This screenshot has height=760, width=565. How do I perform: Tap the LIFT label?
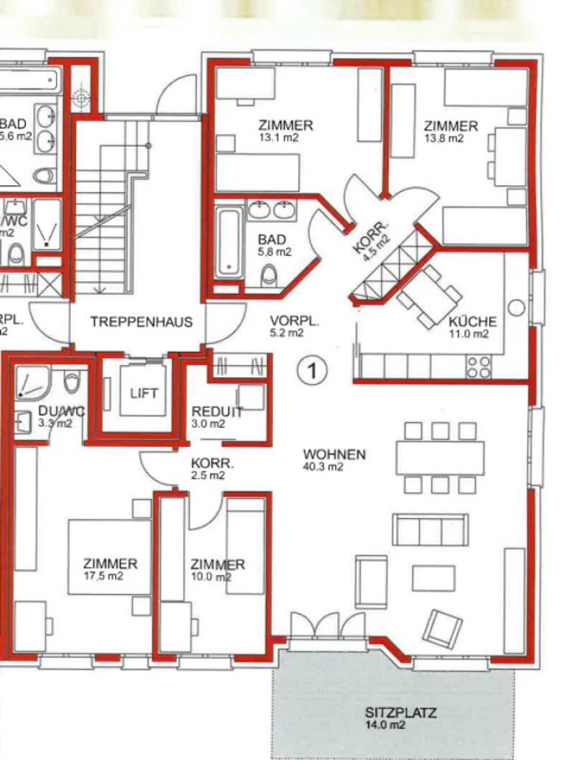pyautogui.click(x=144, y=393)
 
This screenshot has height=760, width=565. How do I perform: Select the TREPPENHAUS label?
pyautogui.click(x=142, y=322)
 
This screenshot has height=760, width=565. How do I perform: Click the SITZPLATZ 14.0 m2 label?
pyautogui.click(x=400, y=718)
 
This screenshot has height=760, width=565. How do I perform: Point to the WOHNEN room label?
pyautogui.click(x=334, y=455)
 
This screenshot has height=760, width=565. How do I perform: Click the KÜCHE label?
pyautogui.click(x=472, y=322)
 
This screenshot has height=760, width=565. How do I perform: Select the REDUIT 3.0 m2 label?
pyautogui.click(x=216, y=417)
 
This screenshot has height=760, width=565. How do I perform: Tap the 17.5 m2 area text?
pyautogui.click(x=103, y=576)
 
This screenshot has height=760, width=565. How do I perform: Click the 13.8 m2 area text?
pyautogui.click(x=444, y=138)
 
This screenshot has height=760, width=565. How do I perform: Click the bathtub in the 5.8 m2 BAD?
pyautogui.click(x=228, y=243)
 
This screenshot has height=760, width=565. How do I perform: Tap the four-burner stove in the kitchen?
pyautogui.click(x=479, y=367)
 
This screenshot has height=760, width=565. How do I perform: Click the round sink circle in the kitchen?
pyautogui.click(x=516, y=307)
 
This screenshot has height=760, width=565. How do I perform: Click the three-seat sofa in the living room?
pyautogui.click(x=430, y=530)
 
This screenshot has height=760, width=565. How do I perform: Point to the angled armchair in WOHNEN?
pyautogui.click(x=444, y=628)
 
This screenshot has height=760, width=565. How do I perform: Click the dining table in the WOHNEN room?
pyautogui.click(x=440, y=458)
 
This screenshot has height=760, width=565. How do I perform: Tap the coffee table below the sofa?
pyautogui.click(x=434, y=578)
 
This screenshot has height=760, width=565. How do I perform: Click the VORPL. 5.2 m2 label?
pyautogui.click(x=294, y=326)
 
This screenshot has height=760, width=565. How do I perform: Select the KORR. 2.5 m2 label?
pyautogui.click(x=212, y=469)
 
